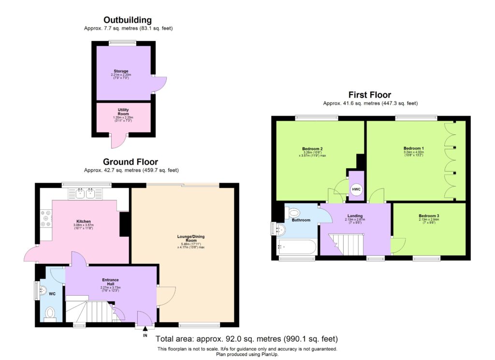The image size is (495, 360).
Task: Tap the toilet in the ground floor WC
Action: [x=50, y=315]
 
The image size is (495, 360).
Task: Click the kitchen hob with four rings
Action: [x=46, y=218]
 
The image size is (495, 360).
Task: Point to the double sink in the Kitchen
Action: [x=87, y=194]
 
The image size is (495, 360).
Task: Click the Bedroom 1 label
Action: [x=413, y=148]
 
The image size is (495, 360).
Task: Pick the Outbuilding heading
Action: [x=128, y=20]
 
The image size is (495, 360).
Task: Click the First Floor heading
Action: [x=370, y=95]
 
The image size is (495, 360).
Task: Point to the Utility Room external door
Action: [x=116, y=141]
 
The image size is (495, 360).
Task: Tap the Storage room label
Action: [x=121, y=71]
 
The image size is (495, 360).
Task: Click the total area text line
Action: [x=247, y=339]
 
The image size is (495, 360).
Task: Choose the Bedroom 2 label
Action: [x=312, y=148]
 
